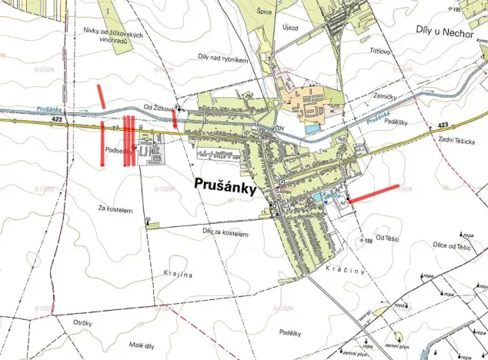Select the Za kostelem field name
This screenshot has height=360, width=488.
tap(116, 209)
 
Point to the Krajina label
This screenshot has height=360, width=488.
tap(177, 274)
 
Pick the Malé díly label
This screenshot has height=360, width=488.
tap(142, 324)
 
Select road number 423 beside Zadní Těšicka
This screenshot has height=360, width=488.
tap(442, 125)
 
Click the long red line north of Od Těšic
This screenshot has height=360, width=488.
tap(375, 192)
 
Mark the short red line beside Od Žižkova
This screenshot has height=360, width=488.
tap(175, 118)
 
